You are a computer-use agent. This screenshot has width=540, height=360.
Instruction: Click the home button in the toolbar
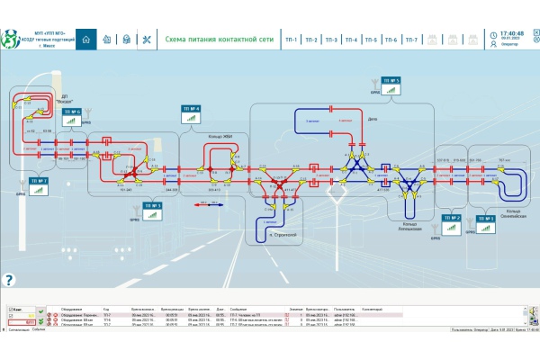coord(86,40)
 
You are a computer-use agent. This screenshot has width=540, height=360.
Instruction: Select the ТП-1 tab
coord(292,40)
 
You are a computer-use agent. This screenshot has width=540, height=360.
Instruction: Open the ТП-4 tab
coord(351,40)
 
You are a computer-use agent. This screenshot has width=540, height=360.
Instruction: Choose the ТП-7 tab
coord(411,40)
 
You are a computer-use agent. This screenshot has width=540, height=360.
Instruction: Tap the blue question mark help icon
coord(9,280)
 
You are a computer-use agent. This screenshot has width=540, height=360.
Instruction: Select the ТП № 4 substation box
coord(193,110)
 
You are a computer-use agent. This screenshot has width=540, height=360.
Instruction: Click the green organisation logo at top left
coord(11,39)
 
